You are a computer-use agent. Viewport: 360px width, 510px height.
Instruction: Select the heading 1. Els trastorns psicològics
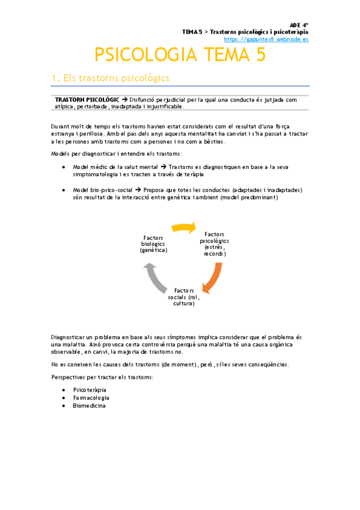[111, 78]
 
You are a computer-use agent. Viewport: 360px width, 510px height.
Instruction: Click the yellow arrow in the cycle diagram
[184, 227]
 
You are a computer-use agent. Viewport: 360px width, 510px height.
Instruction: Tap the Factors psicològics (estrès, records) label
[215, 243]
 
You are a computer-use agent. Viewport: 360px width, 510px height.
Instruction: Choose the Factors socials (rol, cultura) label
[184, 297]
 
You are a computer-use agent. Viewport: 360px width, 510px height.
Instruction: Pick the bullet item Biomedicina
[89, 406]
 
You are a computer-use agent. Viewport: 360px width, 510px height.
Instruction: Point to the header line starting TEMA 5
[245, 32]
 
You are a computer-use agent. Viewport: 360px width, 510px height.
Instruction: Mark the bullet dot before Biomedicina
[64, 406]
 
